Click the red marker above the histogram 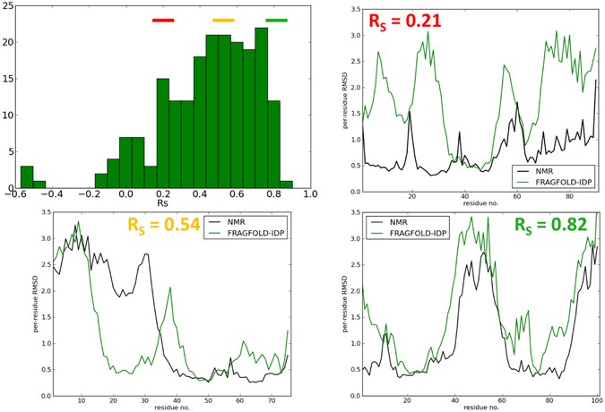coord(163,20)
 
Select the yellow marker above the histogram coord(223,20)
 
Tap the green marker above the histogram coord(276,20)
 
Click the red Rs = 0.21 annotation coord(406,20)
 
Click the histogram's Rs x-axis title coord(163,204)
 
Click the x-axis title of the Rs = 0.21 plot coord(480,204)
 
